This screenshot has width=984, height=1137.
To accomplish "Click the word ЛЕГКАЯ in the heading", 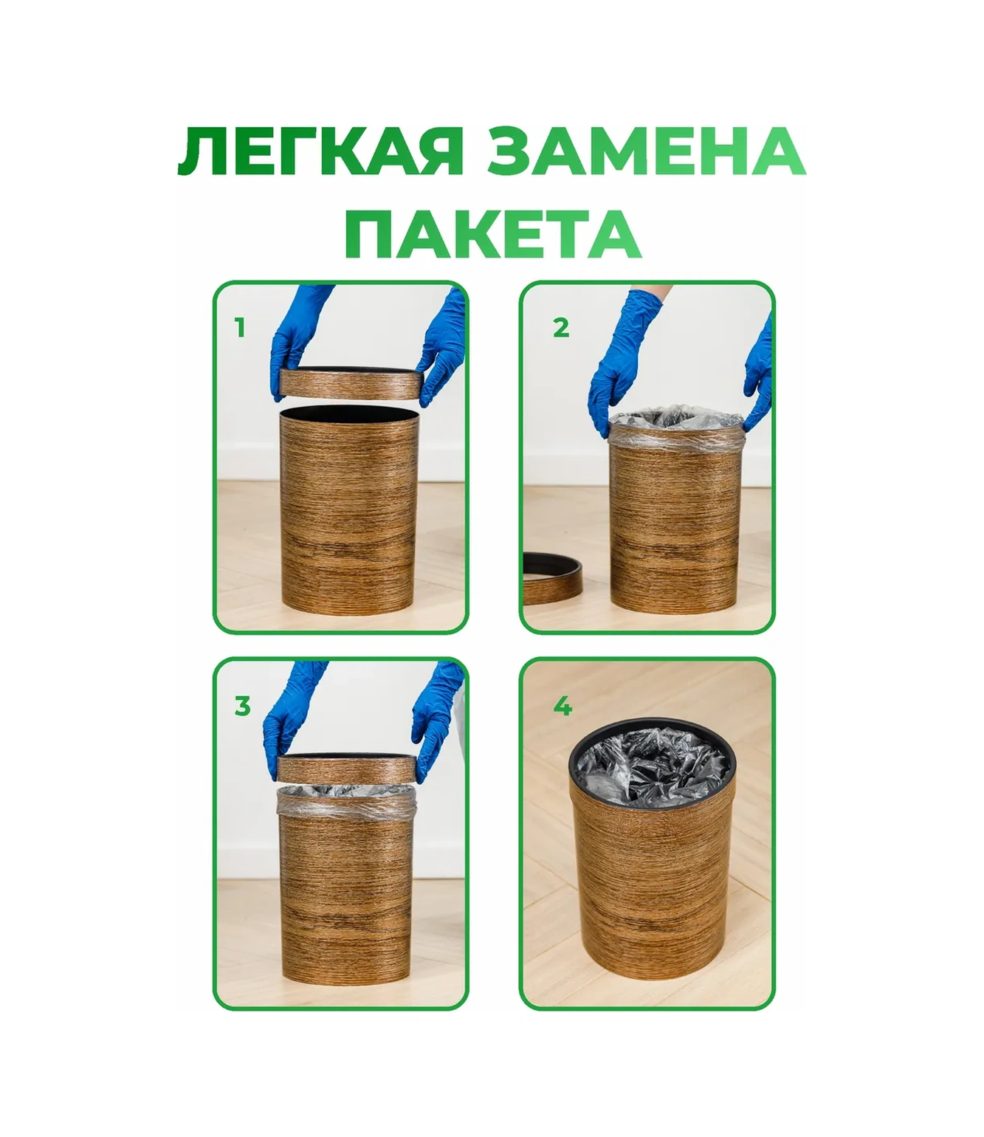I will click(320, 154).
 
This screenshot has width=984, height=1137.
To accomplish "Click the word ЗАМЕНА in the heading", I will click(647, 154).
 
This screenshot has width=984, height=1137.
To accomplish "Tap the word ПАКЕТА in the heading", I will click(492, 233).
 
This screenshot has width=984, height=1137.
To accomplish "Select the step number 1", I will click(239, 327).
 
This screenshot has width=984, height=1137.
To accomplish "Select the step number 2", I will click(561, 327).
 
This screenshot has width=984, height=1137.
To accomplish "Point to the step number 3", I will click(242, 707).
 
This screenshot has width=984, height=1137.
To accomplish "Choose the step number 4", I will click(562, 707).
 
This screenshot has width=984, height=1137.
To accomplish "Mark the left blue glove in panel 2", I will click(616, 369).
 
